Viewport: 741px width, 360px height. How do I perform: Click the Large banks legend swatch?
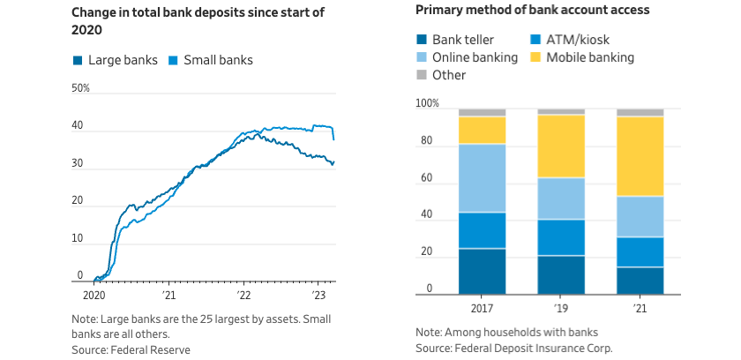(78, 61)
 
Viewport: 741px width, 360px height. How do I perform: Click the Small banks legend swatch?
(174, 61)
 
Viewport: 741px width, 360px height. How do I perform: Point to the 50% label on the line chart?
(80, 88)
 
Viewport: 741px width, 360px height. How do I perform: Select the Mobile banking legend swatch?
(535, 57)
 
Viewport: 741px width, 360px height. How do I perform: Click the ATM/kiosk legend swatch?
(535, 40)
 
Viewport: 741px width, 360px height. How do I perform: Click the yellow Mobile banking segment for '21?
(640, 156)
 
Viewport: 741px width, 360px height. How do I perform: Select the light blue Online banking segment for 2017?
(482, 178)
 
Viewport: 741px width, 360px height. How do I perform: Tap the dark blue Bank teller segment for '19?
(561, 274)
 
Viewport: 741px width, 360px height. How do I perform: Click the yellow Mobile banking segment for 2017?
(482, 130)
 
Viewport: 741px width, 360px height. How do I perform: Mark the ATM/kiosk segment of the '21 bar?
(640, 251)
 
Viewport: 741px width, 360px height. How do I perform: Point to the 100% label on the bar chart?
(427, 104)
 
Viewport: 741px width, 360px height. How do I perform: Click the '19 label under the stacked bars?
(561, 310)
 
